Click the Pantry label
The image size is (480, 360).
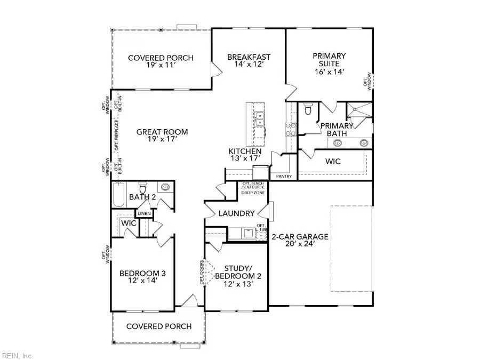tap(282, 175)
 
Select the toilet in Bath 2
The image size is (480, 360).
tap(142, 188)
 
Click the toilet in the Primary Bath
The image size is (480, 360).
tap(308, 110)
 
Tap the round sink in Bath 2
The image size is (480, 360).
tap(166, 188)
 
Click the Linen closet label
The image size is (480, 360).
tap(145, 214)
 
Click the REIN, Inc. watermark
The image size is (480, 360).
tap(18, 355)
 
